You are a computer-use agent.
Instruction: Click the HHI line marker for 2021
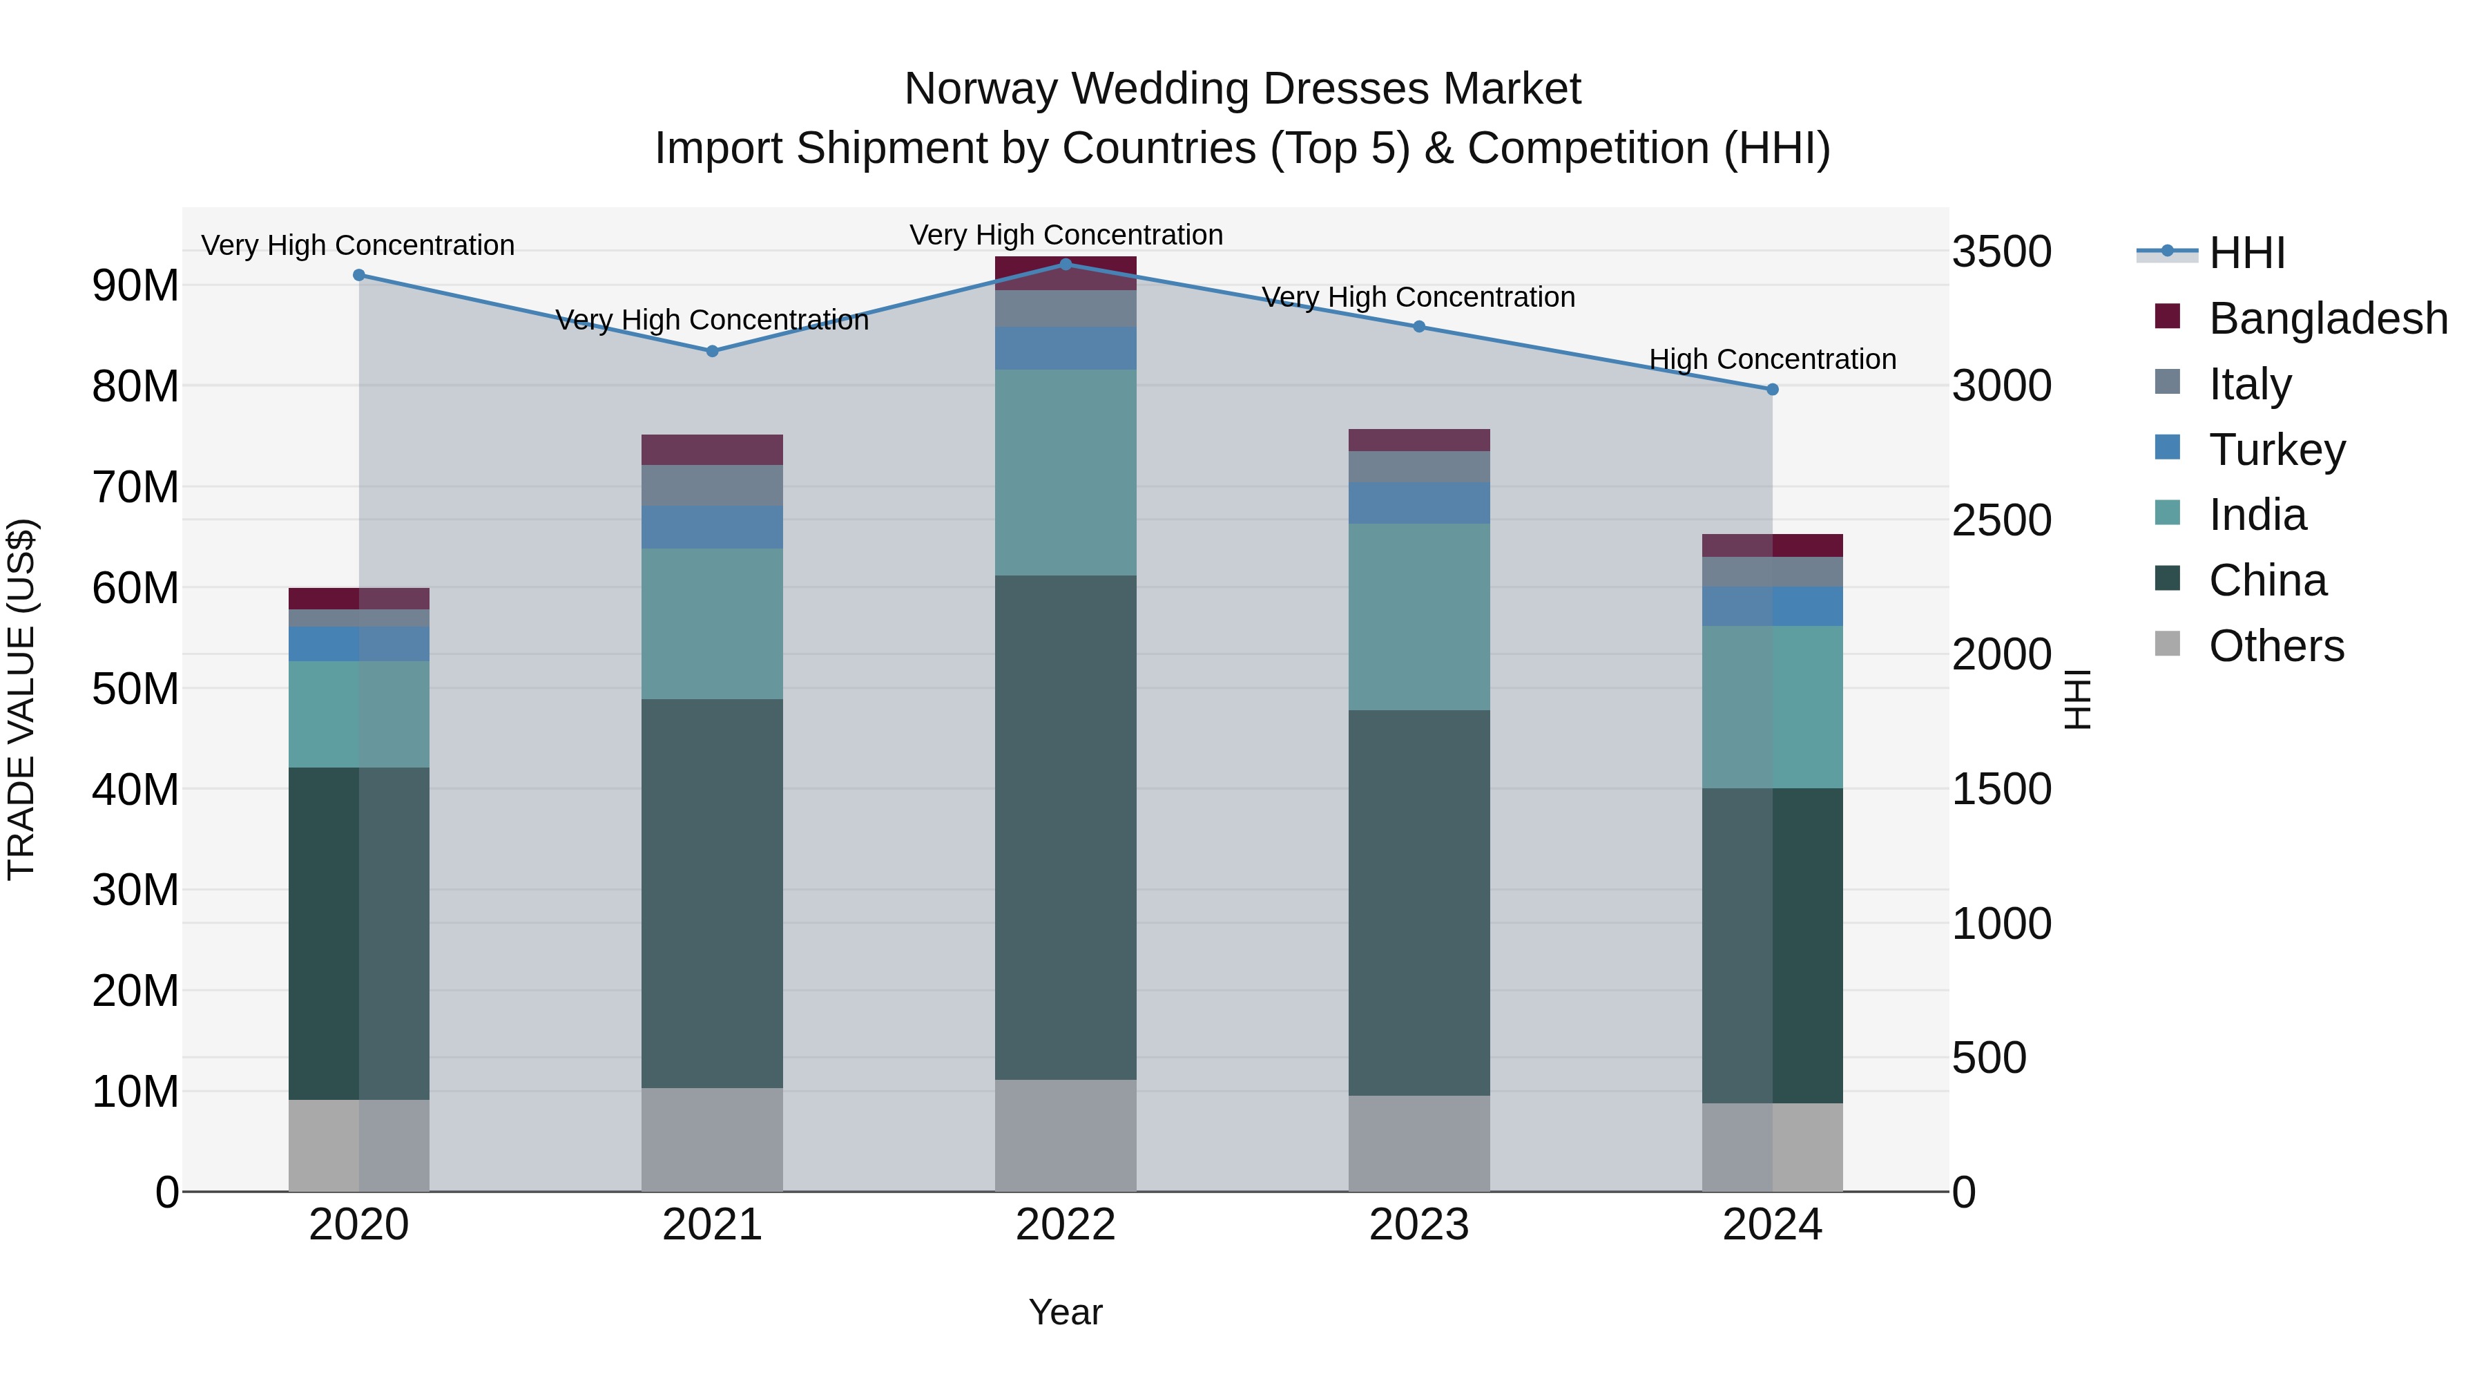point(712,352)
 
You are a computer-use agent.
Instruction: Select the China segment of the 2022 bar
point(1066,828)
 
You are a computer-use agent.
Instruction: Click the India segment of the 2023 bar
point(1418,617)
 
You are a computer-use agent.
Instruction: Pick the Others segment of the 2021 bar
point(712,1139)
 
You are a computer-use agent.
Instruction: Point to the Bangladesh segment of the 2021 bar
point(712,450)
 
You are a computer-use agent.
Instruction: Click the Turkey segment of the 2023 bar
point(1418,503)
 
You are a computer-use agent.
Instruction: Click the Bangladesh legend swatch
point(2166,316)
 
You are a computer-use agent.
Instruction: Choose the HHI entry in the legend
point(2246,253)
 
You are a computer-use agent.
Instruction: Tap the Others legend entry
point(2275,646)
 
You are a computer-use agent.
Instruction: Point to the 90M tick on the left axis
point(135,286)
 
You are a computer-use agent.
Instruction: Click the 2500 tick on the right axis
point(2001,520)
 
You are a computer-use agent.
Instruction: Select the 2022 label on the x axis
point(1066,1225)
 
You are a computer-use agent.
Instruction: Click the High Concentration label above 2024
point(1772,359)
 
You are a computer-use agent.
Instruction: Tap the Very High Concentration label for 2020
point(357,245)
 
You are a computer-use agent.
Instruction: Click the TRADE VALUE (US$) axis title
point(21,699)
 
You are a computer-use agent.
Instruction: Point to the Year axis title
point(1066,1312)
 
